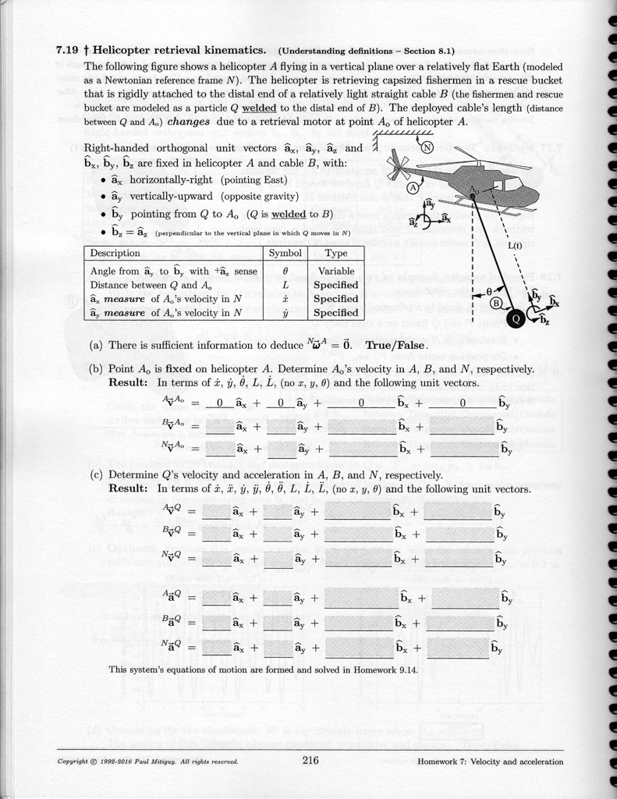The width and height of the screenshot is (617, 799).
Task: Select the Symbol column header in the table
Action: pyautogui.click(x=285, y=254)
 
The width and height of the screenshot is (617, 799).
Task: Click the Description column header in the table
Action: pyautogui.click(x=115, y=254)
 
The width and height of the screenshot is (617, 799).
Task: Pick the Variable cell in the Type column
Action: pyautogui.click(x=336, y=271)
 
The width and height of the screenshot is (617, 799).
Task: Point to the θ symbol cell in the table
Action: pyautogui.click(x=285, y=271)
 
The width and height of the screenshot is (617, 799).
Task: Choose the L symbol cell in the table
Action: pyautogui.click(x=285, y=285)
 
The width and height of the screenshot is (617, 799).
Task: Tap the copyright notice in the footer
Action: pyautogui.click(x=147, y=762)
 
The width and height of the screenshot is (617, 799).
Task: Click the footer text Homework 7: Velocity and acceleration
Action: pyautogui.click(x=491, y=762)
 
